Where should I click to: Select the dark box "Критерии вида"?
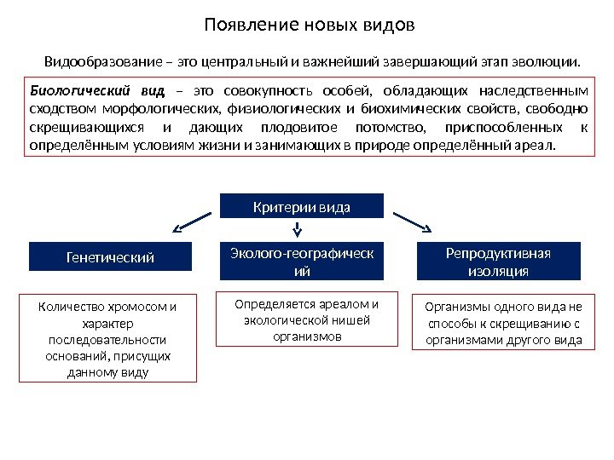(303, 207)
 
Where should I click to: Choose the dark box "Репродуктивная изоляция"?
(498, 262)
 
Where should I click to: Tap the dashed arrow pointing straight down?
(298, 227)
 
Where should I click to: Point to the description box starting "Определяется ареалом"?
(304, 320)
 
